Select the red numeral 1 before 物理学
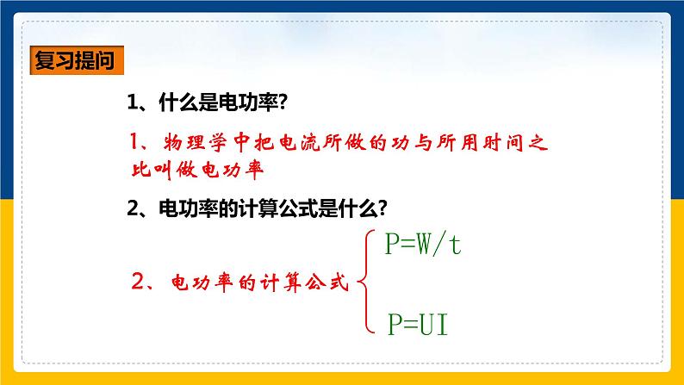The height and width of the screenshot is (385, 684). pos(135,141)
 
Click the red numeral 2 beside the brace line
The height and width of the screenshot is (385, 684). pos(136,281)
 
